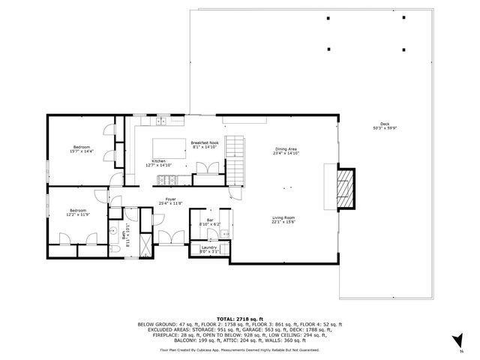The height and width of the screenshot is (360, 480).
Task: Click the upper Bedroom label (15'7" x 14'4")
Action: click(x=81, y=148)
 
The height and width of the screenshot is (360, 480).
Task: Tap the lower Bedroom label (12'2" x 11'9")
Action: click(x=78, y=212)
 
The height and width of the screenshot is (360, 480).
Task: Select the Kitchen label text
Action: click(x=158, y=163)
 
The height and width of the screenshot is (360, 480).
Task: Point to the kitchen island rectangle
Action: click(x=169, y=145)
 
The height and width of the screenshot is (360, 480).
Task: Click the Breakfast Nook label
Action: click(x=204, y=145)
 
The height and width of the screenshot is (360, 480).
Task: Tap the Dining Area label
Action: click(x=286, y=151)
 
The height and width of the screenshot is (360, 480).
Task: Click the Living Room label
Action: click(x=283, y=219)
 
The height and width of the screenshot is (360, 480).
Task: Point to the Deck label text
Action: click(x=385, y=126)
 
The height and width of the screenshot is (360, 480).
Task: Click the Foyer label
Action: click(x=171, y=201)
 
